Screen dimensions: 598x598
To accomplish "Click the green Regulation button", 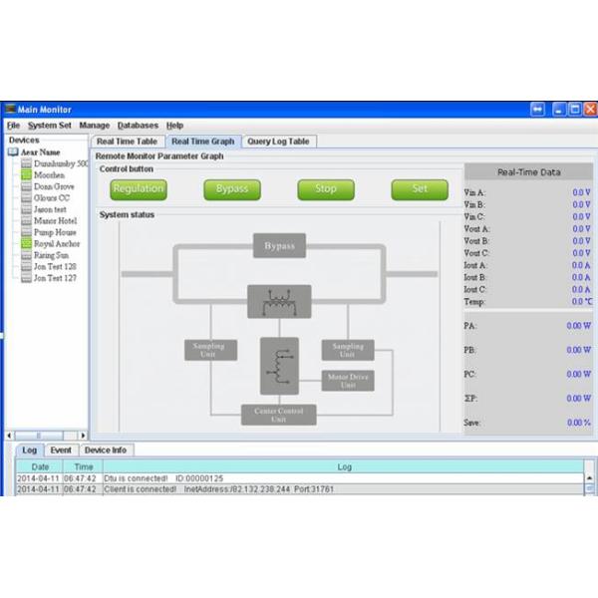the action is (139, 189).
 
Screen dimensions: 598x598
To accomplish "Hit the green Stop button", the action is (326, 189).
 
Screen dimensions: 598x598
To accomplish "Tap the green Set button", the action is (420, 189).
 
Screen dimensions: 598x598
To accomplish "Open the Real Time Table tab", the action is (127, 142).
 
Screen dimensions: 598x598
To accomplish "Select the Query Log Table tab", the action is (279, 142).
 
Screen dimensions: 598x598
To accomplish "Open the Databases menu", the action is (138, 126).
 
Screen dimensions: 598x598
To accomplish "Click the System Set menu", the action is (50, 126).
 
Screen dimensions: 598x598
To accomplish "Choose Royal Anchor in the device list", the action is (57, 243).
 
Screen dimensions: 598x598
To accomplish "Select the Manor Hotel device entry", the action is (55, 220).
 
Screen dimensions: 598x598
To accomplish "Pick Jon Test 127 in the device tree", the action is (55, 278).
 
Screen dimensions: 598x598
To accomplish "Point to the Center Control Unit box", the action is (278, 415).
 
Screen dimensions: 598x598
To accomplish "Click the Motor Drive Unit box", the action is (348, 381).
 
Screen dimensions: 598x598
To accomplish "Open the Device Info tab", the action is (105, 450).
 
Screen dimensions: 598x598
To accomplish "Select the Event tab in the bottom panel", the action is (60, 450).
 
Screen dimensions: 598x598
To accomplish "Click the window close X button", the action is (587, 109).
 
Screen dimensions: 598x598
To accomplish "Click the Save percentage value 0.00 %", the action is (579, 423).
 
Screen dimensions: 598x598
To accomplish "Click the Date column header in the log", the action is (40, 466).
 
